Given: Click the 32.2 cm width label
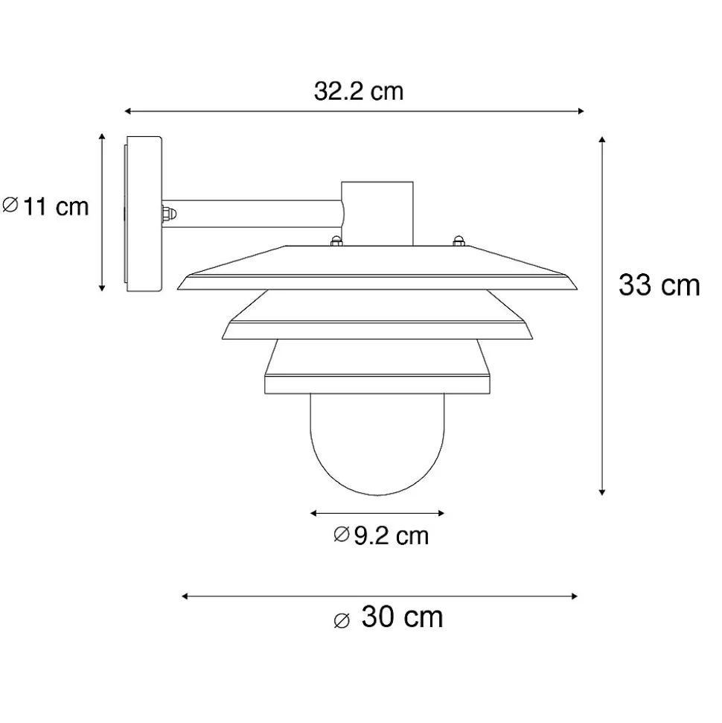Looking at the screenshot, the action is click(359, 92).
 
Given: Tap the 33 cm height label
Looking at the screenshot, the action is click(659, 285).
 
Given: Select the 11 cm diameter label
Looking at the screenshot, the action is click(45, 206).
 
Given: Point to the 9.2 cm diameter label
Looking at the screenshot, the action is click(381, 535).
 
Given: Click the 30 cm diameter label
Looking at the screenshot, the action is click(389, 617).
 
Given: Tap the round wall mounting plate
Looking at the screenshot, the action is click(143, 214).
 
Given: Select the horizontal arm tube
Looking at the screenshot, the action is click(252, 214).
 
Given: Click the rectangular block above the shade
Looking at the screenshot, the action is click(377, 214).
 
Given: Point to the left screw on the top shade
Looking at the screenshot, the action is click(336, 241).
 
